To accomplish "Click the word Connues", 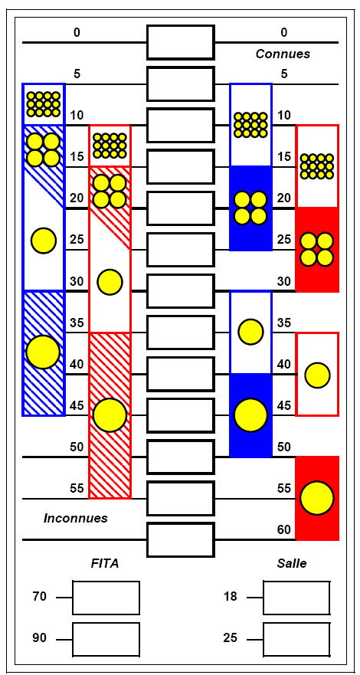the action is click(283, 54).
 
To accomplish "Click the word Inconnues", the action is click(76, 518).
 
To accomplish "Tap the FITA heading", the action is click(105, 563).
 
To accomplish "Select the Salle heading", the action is click(292, 563).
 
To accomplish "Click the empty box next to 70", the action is click(106, 598).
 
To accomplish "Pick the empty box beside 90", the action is click(106, 639).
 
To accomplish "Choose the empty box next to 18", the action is click(296, 598).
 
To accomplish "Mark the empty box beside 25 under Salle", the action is click(296, 639).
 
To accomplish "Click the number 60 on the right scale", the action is click(284, 530).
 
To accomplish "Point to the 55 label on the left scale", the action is click(76, 488).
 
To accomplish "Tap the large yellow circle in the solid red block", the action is click(317, 498).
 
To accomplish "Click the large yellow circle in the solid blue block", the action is click(250, 415).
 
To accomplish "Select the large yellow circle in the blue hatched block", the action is click(43, 352).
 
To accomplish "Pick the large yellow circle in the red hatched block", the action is click(110, 415).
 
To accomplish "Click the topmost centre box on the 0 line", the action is click(181, 42).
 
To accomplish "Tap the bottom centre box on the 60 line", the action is click(181, 539).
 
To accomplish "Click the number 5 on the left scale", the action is click(77, 74).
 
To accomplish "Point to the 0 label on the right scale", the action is click(284, 32).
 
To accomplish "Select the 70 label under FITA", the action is click(40, 597).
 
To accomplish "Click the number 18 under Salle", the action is click(230, 597).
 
